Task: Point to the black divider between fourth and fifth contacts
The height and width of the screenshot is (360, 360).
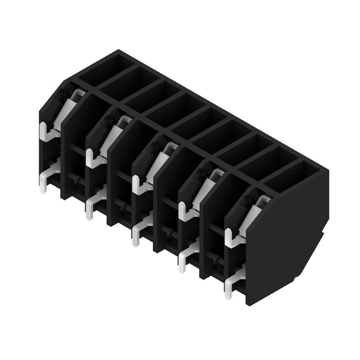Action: click(211, 225)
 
